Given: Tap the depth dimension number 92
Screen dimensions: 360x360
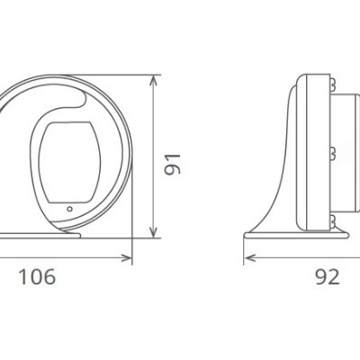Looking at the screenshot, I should tap(328, 277).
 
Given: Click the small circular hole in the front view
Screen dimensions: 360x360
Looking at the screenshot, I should tap(69, 211).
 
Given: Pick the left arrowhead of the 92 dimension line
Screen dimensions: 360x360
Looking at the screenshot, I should tap(249, 259).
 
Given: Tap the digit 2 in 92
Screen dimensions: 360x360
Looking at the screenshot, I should tap(336, 277).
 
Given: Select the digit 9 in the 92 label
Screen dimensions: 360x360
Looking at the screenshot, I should tap(322, 277).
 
